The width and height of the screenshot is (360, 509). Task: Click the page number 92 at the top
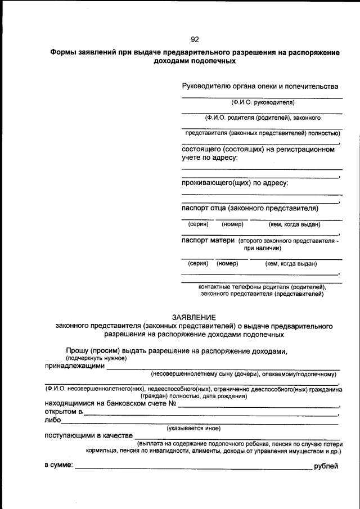pos(195,39)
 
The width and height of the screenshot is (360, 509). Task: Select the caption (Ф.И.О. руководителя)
pos(262,103)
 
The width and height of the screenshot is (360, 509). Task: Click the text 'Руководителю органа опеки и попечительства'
pos(260,87)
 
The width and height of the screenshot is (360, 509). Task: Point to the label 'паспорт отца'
pos(204,208)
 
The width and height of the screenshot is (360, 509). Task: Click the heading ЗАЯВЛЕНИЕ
pos(193,317)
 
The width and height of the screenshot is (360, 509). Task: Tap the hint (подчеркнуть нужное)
pos(96,358)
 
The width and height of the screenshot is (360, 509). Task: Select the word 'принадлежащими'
pos(75,366)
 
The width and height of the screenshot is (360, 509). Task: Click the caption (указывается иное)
pos(193,428)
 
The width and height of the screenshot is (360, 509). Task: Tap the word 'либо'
pos(52,420)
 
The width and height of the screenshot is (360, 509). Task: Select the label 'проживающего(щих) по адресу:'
pos(235,183)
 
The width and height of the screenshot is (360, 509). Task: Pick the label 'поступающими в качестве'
pos(88,435)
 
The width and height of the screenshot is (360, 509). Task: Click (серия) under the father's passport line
pos(198,224)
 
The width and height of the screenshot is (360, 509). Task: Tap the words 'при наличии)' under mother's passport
pos(262,247)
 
